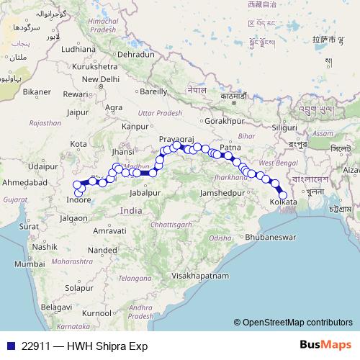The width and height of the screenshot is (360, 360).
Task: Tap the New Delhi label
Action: click(x=101, y=79)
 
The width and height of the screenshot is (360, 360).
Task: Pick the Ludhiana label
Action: click(x=79, y=50)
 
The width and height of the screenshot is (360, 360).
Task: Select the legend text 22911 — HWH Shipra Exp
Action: click(x=84, y=346)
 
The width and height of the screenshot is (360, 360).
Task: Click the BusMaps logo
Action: click(x=327, y=346)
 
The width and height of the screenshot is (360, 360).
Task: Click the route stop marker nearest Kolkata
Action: click(x=283, y=195)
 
